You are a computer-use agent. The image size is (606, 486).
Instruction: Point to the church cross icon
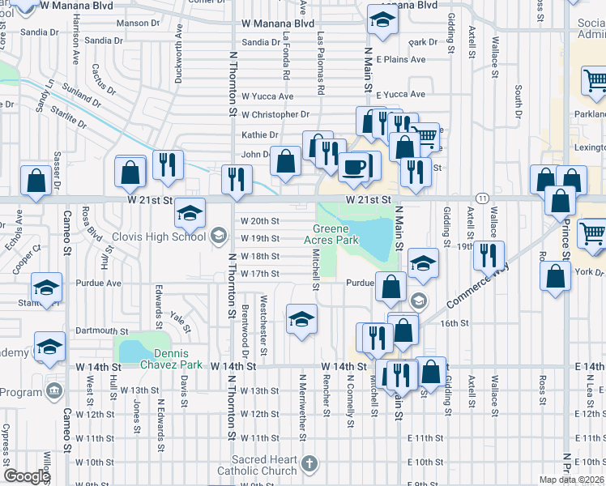(309, 464)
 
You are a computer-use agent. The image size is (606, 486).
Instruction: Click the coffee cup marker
(352, 167)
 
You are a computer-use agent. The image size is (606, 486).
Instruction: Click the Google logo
(27, 476)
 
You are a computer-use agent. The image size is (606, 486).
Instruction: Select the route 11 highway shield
(482, 198)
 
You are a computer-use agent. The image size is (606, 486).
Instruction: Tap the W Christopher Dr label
(275, 115)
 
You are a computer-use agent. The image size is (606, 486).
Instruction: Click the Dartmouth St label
(102, 331)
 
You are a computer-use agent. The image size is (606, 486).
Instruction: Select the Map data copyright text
(571, 480)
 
